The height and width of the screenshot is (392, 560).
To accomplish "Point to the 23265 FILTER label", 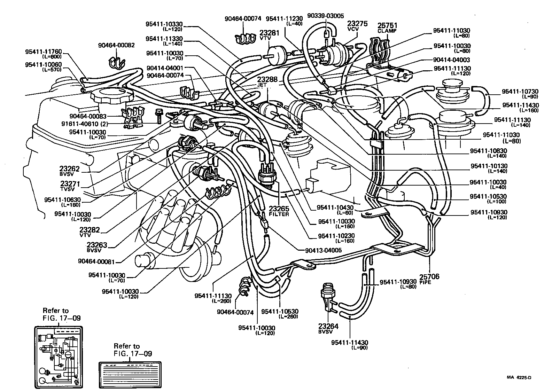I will pyautogui.click(x=279, y=211).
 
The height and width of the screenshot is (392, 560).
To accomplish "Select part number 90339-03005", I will pyautogui.click(x=325, y=16).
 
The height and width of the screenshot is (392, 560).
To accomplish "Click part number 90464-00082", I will pyautogui.click(x=116, y=45).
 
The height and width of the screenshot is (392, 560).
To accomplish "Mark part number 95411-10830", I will pyautogui.click(x=489, y=151).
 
